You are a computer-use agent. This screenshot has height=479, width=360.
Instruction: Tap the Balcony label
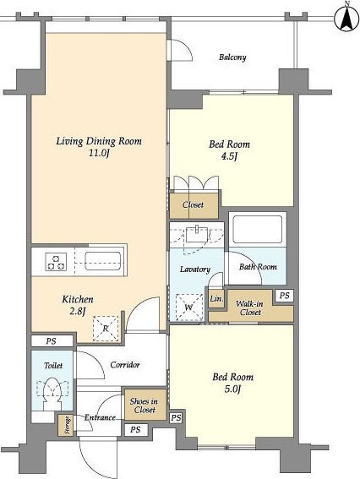pyautogui.click(x=232, y=57)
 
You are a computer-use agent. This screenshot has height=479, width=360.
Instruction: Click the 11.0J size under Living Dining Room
pyautogui.click(x=99, y=154)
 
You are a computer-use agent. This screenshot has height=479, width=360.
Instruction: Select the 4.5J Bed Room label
pyautogui.click(x=229, y=150)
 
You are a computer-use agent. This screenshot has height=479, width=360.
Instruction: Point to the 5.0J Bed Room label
pyautogui.click(x=233, y=383)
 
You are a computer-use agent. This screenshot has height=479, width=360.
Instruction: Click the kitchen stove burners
pyautogui.click(x=56, y=262)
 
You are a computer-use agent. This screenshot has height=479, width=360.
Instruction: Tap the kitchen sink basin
pyautogui.click(x=103, y=261)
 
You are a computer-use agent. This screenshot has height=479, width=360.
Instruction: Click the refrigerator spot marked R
pyautogui.click(x=106, y=329)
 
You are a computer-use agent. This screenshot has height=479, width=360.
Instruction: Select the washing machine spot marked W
pyautogui.click(x=189, y=307)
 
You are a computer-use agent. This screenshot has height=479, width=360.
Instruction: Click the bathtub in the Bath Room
pyautogui.click(x=257, y=229)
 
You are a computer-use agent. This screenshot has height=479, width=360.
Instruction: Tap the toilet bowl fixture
pyautogui.click(x=52, y=394)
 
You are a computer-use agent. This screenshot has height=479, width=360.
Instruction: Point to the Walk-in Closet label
pyautogui.click(x=249, y=308)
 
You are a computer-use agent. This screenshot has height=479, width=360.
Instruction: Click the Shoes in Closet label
pyautogui.click(x=144, y=406)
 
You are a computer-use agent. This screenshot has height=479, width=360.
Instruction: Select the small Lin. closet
pyautogui.click(x=216, y=298)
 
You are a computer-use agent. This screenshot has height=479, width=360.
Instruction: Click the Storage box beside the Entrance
pyautogui.click(x=66, y=425)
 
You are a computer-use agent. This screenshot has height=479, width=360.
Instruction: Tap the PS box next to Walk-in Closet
pyautogui.click(x=285, y=296)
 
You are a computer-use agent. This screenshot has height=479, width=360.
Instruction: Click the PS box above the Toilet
pyautogui.click(x=52, y=341)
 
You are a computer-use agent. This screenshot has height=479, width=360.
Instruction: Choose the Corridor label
pyautogui.click(x=125, y=364)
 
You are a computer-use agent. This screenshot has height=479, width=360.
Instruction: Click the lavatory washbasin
pyautogui.click(x=197, y=234)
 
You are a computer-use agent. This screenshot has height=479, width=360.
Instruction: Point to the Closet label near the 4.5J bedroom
pyautogui.click(x=194, y=204)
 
